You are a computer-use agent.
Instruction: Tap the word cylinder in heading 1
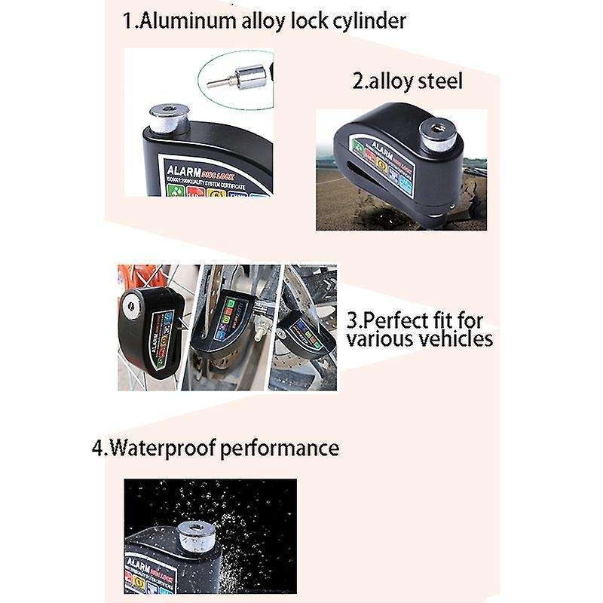366,20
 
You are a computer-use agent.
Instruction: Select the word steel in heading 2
438,81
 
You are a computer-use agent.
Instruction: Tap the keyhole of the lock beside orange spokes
133,308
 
